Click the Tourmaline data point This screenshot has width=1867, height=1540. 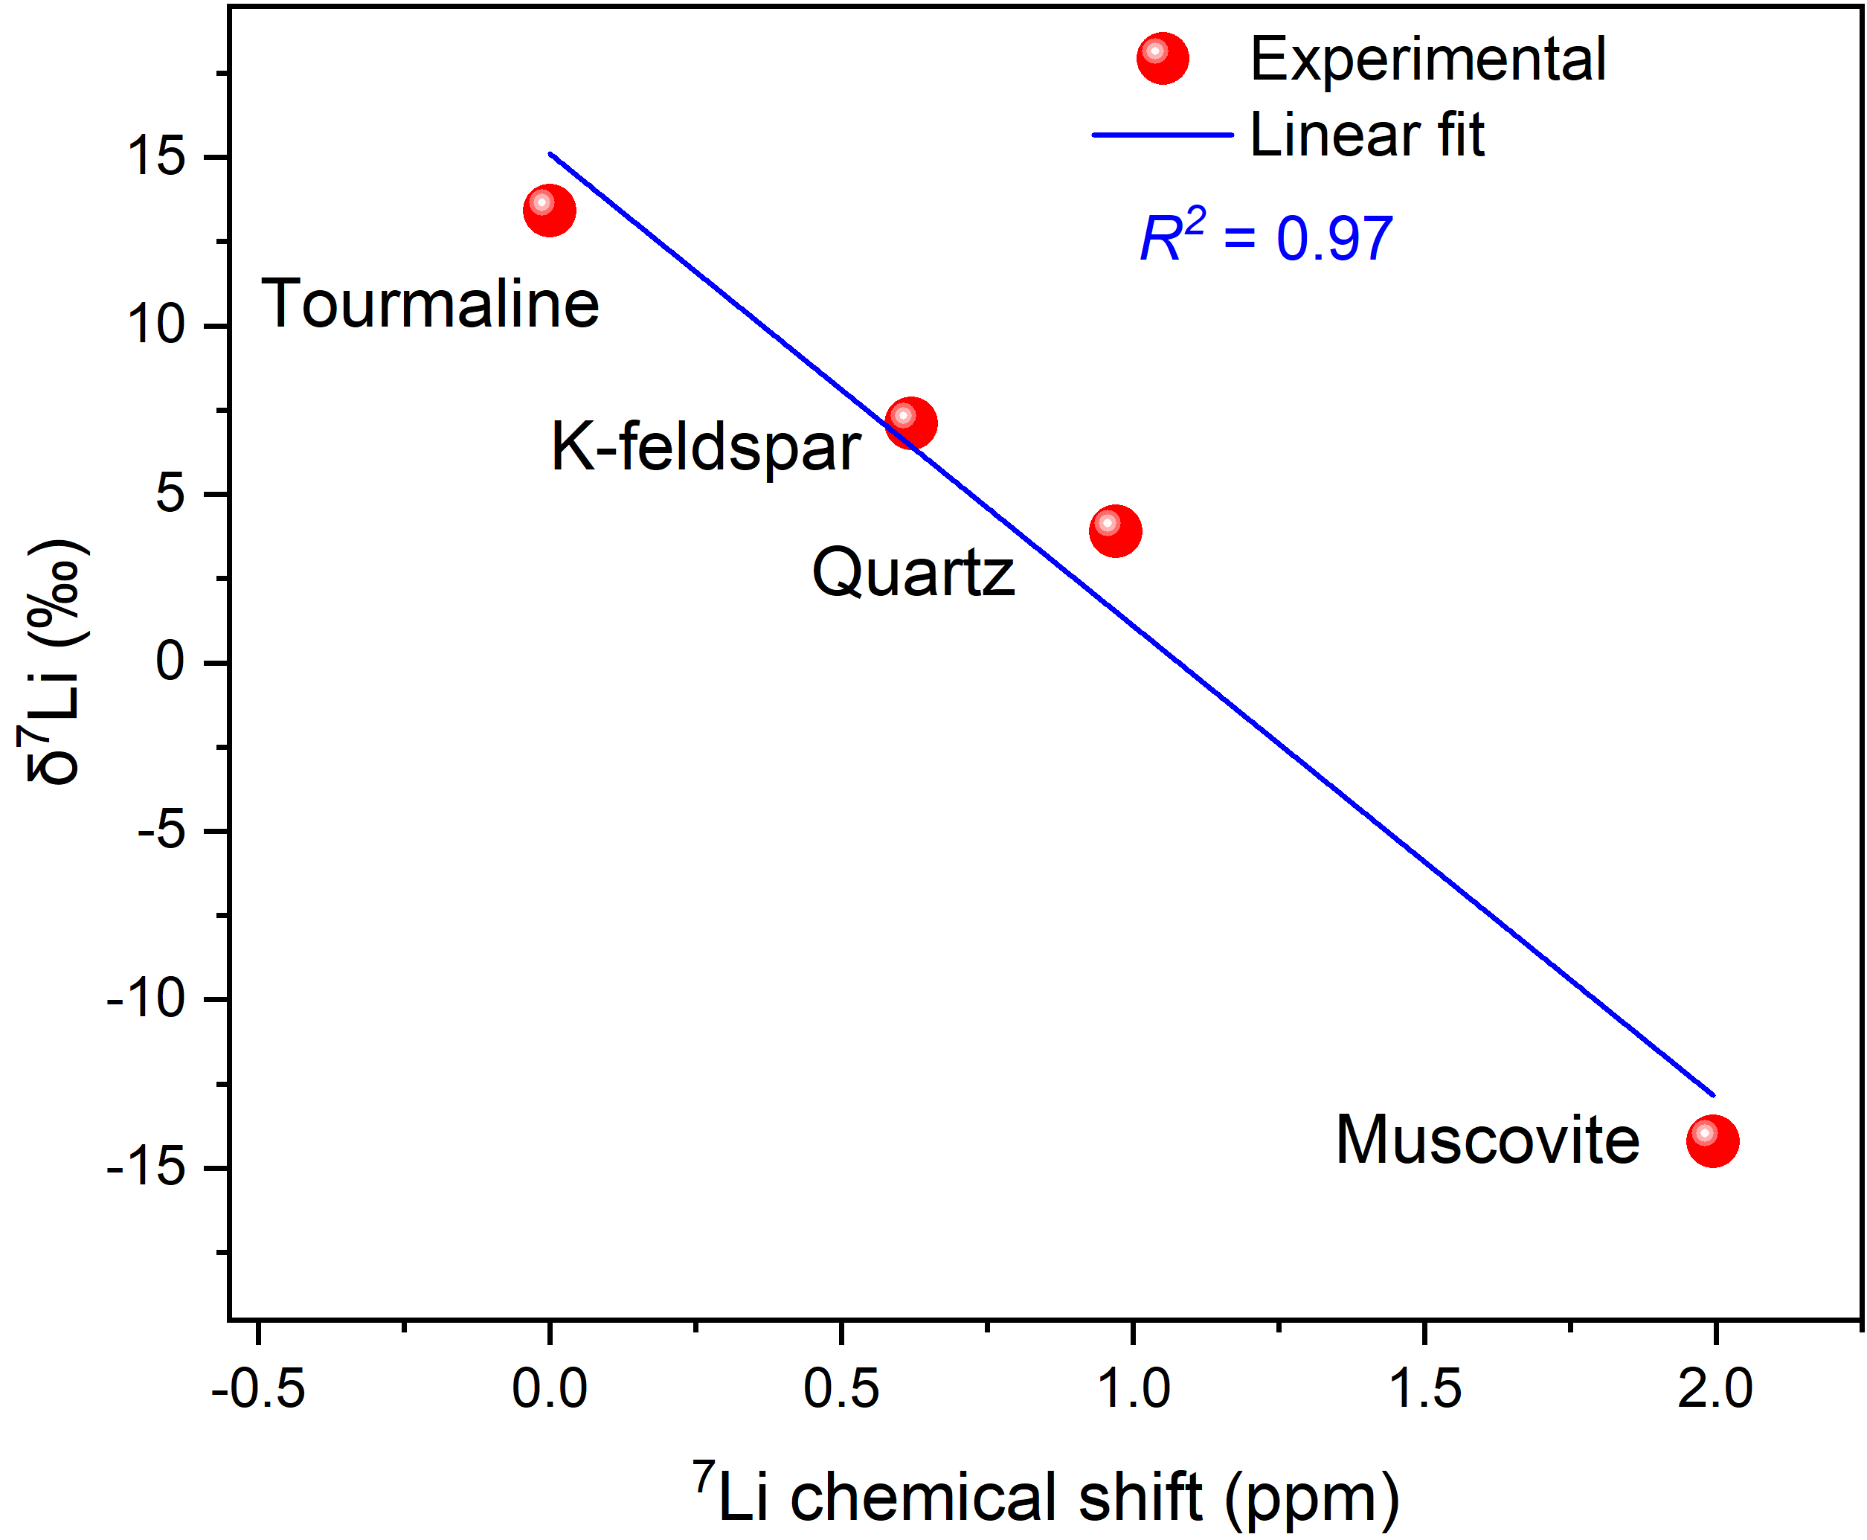tap(549, 211)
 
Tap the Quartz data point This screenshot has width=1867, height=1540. tap(1115, 531)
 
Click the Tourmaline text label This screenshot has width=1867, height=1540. tap(430, 304)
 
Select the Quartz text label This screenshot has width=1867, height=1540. tap(913, 572)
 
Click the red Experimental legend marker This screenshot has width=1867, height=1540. tap(1162, 60)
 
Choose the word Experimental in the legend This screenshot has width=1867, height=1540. tap(1428, 60)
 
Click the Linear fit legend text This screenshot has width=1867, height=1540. tap(1366, 135)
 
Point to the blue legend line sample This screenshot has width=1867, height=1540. tap(1162, 135)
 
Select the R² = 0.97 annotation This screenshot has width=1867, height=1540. tap(1266, 238)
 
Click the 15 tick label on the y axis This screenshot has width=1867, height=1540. tap(156, 157)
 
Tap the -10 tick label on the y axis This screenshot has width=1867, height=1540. tap(146, 1000)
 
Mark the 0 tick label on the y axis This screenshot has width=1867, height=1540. tap(170, 662)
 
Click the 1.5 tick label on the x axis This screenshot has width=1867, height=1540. tap(1424, 1388)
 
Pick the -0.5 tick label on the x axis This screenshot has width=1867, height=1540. tap(258, 1388)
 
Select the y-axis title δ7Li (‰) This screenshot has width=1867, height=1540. tap(55, 661)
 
